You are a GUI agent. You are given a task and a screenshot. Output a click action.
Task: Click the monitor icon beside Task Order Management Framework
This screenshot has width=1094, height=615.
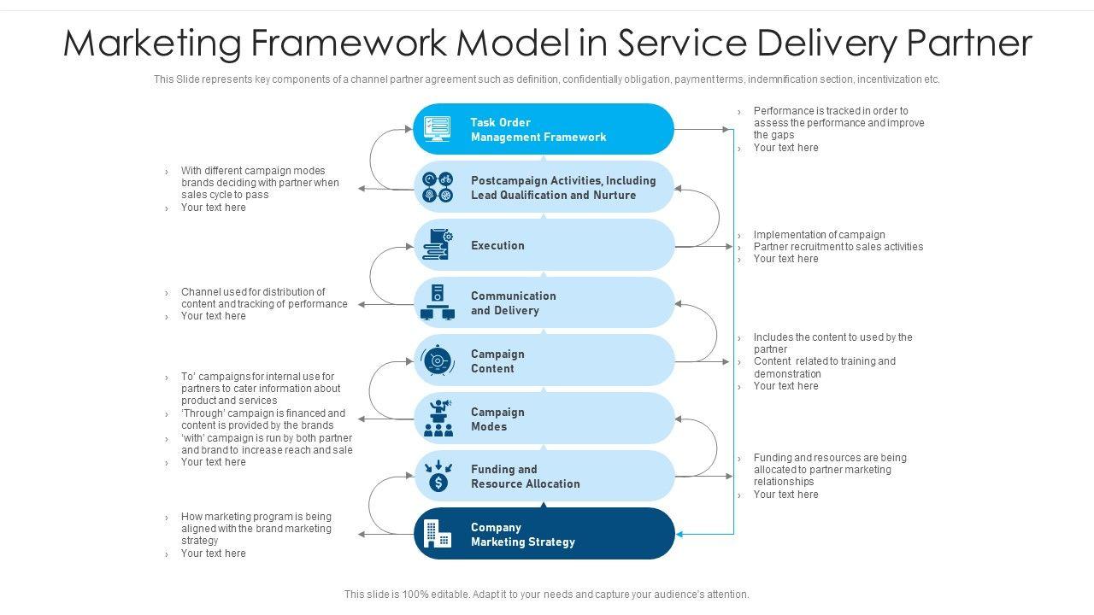tap(437, 129)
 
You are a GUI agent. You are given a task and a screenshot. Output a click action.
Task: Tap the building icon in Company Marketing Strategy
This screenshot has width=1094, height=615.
tap(438, 535)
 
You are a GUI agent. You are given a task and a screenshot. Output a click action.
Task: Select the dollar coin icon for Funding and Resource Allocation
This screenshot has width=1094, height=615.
tap(438, 477)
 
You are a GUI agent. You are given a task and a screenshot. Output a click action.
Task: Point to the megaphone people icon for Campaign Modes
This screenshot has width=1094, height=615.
tap(438, 419)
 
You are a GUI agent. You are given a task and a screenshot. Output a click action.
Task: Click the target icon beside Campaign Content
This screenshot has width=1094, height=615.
tap(438, 360)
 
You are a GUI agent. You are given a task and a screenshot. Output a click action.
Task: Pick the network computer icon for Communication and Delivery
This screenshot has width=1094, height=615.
tap(438, 303)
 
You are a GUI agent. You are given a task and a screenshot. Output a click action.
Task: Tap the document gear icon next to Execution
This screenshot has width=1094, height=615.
tap(438, 245)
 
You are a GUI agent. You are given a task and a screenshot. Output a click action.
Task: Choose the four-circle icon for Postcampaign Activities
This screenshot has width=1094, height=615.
tap(438, 187)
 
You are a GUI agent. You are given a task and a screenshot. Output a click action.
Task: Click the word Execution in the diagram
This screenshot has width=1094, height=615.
tap(497, 246)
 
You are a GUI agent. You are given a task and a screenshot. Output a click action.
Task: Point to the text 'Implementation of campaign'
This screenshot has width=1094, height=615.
tap(819, 235)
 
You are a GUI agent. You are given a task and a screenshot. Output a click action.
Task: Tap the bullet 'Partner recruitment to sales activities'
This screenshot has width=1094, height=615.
tap(838, 247)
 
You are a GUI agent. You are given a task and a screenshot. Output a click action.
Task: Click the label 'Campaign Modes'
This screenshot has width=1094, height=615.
tap(497, 419)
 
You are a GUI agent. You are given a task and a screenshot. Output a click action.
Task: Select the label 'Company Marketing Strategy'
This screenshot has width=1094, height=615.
tap(522, 535)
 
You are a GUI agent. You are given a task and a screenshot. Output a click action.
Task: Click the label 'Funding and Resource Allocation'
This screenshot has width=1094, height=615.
tap(525, 477)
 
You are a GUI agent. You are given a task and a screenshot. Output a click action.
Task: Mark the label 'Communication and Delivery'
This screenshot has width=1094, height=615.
tap(513, 303)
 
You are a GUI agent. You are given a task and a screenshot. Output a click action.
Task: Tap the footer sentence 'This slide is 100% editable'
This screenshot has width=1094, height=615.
tap(546, 594)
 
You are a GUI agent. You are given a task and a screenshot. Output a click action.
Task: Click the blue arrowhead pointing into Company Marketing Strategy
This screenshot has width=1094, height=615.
tap(680, 535)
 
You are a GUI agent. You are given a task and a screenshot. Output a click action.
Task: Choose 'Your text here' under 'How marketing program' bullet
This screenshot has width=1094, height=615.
tap(213, 553)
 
